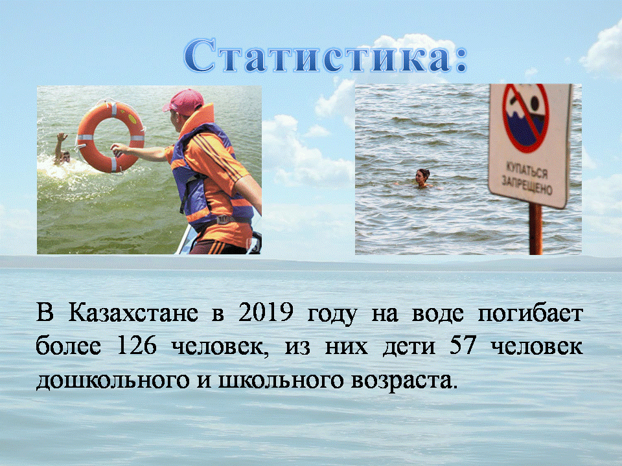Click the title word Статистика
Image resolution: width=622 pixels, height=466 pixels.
[325, 56]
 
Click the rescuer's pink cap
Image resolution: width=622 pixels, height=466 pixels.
[183, 102]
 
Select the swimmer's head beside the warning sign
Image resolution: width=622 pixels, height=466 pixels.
[422, 176]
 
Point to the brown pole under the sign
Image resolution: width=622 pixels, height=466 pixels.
[536, 228]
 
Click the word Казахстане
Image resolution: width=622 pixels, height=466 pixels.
[133, 313]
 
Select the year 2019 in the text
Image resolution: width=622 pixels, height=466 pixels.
[266, 313]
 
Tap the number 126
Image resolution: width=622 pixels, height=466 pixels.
[137, 346]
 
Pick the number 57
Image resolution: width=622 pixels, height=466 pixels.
[462, 346]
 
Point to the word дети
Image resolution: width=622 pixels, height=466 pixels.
[409, 347]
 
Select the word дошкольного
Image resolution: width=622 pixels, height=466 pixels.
[113, 381]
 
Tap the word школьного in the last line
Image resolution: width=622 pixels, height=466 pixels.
[281, 381]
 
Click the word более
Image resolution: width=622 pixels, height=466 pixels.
[68, 345]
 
